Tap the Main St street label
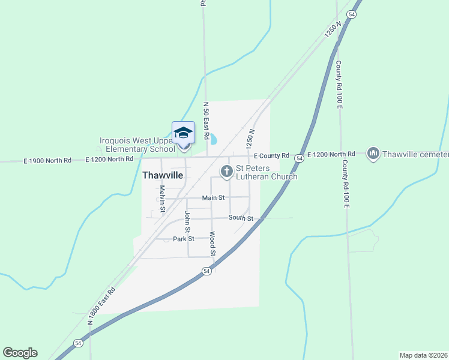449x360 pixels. [x=213, y=197]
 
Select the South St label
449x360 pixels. [x=241, y=218]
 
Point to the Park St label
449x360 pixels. [x=184, y=239]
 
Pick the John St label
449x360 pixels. [x=187, y=221]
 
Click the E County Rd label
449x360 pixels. [x=271, y=155]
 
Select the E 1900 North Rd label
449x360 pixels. [x=47, y=160]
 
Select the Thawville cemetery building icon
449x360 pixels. [x=373, y=154]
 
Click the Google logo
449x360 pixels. [x=20, y=353]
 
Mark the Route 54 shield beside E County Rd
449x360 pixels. [x=299, y=156]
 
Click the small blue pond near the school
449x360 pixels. [x=212, y=140]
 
